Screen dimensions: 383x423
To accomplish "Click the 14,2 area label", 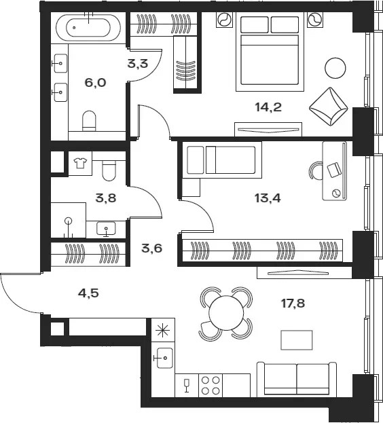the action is [x=268, y=107].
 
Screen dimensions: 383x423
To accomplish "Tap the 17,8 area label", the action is [x=293, y=304].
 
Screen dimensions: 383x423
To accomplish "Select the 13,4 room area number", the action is [x=268, y=198].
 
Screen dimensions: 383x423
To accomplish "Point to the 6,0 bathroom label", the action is [x=95, y=83].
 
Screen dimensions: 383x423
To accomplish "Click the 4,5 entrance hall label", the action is [x=88, y=293].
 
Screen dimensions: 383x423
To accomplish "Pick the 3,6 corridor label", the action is [x=152, y=249].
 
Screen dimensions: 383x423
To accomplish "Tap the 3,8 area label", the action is [x=106, y=198].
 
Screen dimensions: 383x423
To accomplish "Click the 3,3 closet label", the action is [x=138, y=64].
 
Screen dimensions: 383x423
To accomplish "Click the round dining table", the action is [x=226, y=313].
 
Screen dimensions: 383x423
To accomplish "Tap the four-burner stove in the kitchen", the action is [x=211, y=385].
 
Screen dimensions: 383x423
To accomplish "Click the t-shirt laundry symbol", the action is [x=80, y=163].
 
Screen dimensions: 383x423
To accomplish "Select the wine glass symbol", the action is [x=186, y=385].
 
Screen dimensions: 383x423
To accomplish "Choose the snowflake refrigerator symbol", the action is [x=163, y=331].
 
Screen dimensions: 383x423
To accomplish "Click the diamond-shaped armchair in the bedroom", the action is [x=328, y=107].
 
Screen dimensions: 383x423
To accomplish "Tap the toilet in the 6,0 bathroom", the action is [x=89, y=121].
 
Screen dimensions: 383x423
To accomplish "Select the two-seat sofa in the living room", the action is [x=297, y=380].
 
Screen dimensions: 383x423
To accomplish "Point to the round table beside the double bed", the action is [x=335, y=68].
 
